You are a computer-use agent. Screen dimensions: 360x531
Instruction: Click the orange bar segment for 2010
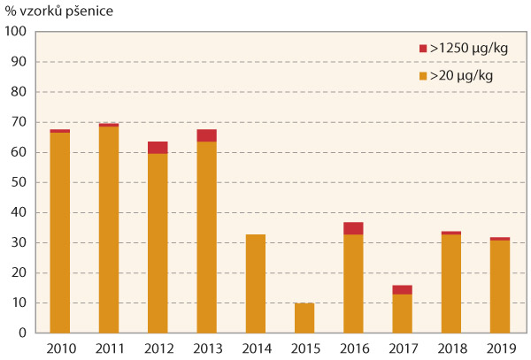tap(60, 233)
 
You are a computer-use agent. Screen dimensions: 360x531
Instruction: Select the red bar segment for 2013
tap(206, 135)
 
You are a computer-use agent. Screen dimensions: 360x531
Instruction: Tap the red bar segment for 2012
tap(158, 148)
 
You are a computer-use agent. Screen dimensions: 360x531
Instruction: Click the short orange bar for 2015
tap(304, 318)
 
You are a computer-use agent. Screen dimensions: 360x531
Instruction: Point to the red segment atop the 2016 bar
tap(353, 228)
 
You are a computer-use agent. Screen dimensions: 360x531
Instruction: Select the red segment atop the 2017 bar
tap(402, 290)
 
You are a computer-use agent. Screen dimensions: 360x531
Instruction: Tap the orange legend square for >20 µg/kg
tap(422, 76)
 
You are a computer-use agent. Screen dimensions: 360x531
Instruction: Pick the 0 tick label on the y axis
tap(24, 333)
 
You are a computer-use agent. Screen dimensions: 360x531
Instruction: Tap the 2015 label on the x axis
tap(304, 349)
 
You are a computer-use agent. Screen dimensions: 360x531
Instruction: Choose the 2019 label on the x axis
tap(499, 349)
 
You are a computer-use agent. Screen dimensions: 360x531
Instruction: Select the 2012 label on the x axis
tap(158, 349)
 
